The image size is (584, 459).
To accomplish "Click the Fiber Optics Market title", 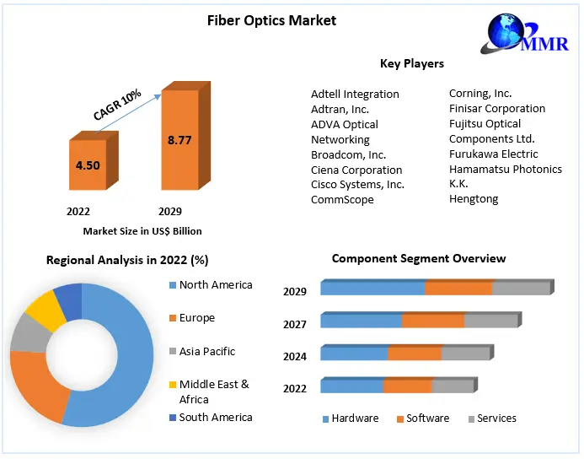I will (271, 20).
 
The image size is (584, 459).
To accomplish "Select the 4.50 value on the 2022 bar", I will (88, 165).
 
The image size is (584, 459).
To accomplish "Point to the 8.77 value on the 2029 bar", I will (179, 140).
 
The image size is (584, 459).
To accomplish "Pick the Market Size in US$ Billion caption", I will (142, 230).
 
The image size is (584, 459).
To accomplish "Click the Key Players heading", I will (412, 63).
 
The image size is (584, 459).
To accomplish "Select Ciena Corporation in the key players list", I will (356, 170).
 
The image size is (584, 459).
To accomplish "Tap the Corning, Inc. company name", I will (480, 94).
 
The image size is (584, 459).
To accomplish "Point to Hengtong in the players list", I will (474, 199).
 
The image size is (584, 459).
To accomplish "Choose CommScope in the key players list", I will (342, 200).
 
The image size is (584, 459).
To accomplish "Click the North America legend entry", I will (216, 285).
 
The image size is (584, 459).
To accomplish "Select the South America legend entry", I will (216, 417).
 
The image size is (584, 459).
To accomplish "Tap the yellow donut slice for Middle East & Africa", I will (44, 310).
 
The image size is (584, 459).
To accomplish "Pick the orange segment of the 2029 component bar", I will (458, 289).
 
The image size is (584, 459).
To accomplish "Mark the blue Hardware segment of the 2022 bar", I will (351, 386).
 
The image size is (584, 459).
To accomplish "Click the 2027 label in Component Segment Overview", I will (295, 324).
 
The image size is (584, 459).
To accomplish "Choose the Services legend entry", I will (496, 418).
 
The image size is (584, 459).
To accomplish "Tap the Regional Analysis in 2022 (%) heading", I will (127, 261).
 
